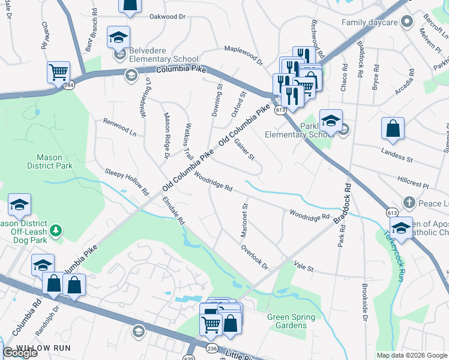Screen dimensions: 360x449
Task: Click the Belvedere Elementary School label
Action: (x=159, y=59)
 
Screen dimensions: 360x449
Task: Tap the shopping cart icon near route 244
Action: (x=58, y=73)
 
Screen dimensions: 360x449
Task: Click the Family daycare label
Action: (x=370, y=23)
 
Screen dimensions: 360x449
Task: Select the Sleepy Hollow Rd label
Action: (x=127, y=182)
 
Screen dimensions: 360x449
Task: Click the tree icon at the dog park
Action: (x=55, y=230)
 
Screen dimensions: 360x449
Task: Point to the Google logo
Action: (x=20, y=353)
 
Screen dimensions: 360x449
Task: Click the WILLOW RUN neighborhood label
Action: (x=43, y=348)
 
